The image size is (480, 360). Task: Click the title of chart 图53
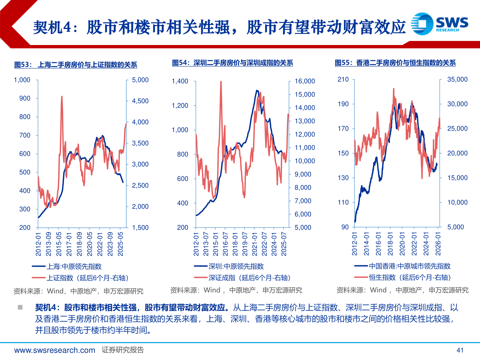pyautogui.click(x=76, y=65)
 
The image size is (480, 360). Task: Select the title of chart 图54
pyautogui.click(x=232, y=63)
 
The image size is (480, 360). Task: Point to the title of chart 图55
pyautogui.click(x=395, y=63)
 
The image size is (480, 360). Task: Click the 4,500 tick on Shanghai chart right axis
pyautogui.click(x=140, y=101)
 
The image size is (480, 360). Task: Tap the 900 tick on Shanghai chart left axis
pyautogui.click(x=25, y=98)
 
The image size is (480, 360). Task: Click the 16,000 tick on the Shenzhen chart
pyautogui.click(x=305, y=81)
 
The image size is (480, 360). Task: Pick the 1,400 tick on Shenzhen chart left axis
pyautogui.click(x=180, y=81)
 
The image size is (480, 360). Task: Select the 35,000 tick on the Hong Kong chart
pyautogui.click(x=457, y=79)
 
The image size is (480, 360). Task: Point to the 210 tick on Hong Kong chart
pyautogui.click(x=343, y=79)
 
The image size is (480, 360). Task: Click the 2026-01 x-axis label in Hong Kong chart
pyautogui.click(x=438, y=244)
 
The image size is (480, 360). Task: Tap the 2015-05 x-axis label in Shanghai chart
pyautogui.click(x=59, y=244)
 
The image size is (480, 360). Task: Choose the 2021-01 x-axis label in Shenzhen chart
pyautogui.click(x=255, y=244)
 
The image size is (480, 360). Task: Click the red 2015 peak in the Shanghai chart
pyautogui.click(x=62, y=97)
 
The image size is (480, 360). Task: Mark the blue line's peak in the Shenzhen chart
pyautogui.click(x=257, y=90)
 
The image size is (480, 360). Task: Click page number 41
pyautogui.click(x=460, y=350)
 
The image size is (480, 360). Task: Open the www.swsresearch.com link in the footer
pyautogui.click(x=55, y=350)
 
